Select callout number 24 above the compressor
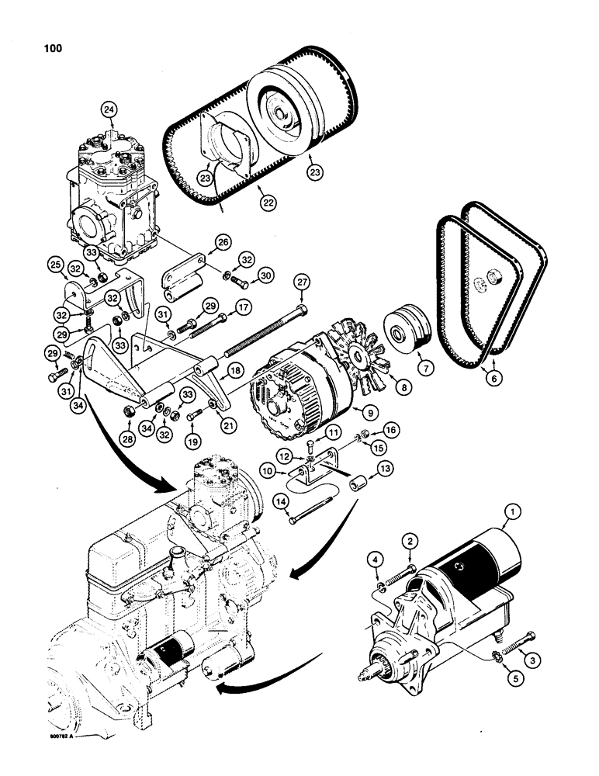108,111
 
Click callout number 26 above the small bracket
203,243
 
